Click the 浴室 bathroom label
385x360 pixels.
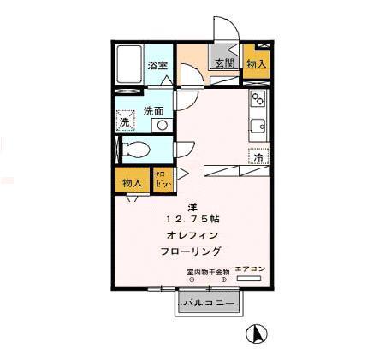coord(157,65)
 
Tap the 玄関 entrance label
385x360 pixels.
coord(223,63)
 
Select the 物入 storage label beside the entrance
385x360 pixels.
coord(256,63)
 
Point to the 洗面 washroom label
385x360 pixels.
coord(153,110)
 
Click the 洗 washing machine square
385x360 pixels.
coord(125,122)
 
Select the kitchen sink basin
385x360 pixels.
coord(257,130)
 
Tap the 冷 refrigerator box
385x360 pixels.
coord(256,156)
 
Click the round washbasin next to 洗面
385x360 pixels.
coord(159,125)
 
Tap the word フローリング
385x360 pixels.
coord(191,251)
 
